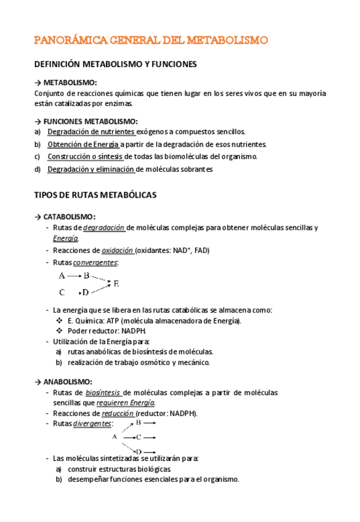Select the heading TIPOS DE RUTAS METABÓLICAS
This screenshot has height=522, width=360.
(x=95, y=195)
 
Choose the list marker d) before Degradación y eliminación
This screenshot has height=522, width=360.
(x=38, y=169)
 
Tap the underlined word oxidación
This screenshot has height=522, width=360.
(x=116, y=251)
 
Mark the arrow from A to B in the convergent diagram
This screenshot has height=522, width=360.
(x=74, y=276)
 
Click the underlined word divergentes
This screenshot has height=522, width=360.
(x=92, y=424)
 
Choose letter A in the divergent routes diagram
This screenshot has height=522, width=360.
(x=114, y=437)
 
